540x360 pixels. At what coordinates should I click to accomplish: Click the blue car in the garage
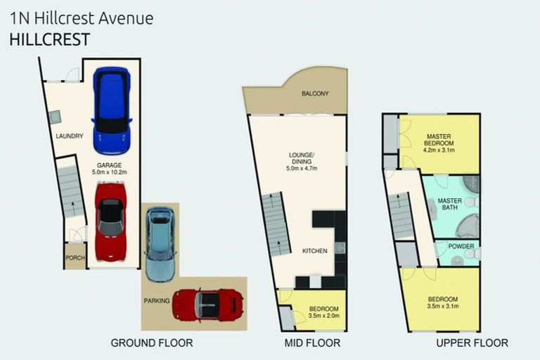point(111,110)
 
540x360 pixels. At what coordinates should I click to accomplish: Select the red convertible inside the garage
point(110,221)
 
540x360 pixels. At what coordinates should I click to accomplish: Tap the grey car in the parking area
point(160,243)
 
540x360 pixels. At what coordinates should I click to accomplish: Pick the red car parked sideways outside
point(207,304)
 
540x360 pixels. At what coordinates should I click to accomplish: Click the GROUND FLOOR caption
point(151,343)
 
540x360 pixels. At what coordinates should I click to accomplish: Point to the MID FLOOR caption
point(314,343)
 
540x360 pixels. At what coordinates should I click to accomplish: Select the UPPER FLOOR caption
point(472,343)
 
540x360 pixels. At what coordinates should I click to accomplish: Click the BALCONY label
point(315,94)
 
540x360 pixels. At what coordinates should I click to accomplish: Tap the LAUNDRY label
point(70,136)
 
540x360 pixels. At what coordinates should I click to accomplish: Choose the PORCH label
point(75,258)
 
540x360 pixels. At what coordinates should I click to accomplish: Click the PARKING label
point(157,301)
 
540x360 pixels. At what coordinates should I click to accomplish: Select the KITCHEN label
point(314,251)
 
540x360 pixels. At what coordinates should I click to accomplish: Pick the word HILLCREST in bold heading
point(50,39)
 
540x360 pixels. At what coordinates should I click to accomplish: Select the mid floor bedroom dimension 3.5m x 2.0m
point(324,316)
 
